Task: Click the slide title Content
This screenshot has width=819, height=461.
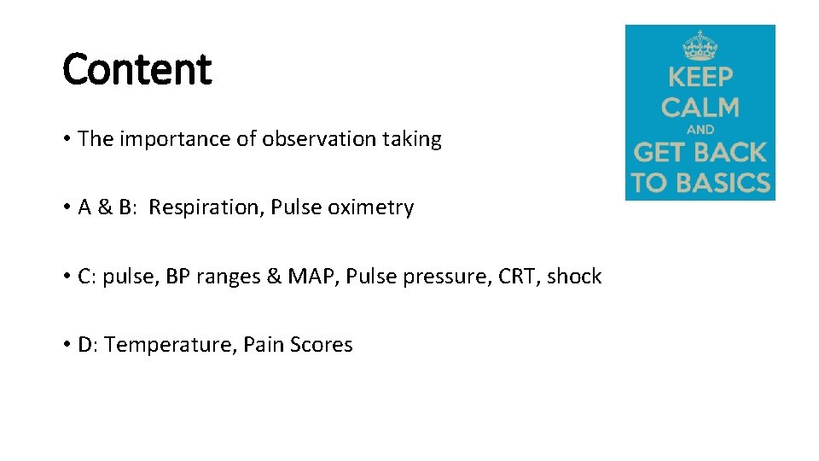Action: point(136,69)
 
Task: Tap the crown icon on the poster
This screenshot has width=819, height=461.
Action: point(700,45)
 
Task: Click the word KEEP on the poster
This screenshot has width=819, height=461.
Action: point(700,77)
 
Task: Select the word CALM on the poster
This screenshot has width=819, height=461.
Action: point(700,108)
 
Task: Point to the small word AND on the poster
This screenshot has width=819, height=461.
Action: point(700,131)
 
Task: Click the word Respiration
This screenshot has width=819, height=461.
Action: point(206,207)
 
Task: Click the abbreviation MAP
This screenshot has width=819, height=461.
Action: point(312,277)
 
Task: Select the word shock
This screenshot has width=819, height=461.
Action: point(574,277)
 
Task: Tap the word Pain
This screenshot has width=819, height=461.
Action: point(263,345)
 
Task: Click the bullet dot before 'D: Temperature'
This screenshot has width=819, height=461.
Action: point(67,345)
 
